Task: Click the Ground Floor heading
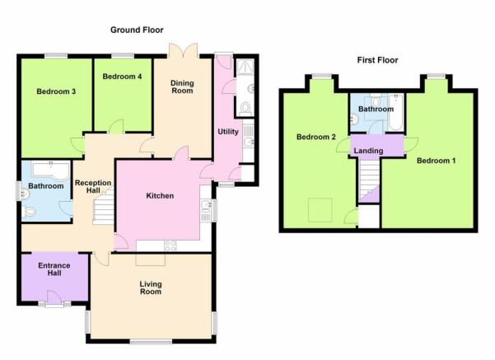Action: point(137,30)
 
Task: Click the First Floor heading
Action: point(377,60)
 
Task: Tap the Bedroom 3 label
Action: point(56,91)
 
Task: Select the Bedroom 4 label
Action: point(122,77)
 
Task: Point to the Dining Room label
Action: point(182,86)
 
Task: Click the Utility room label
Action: point(228,132)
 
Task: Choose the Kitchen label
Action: point(160,196)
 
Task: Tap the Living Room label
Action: point(151,288)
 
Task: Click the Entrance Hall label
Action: point(54,269)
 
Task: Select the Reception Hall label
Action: point(93,187)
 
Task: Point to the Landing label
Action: point(368,151)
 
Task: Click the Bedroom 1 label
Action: point(437,161)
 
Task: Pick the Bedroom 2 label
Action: point(316,137)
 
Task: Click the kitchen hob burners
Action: point(170,245)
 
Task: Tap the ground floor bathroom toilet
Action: point(28,212)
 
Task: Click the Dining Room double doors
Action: point(184,50)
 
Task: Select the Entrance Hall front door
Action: point(54,297)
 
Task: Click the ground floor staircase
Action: point(103,206)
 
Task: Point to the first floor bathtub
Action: point(395,112)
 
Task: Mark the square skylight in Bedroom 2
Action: point(320,210)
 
